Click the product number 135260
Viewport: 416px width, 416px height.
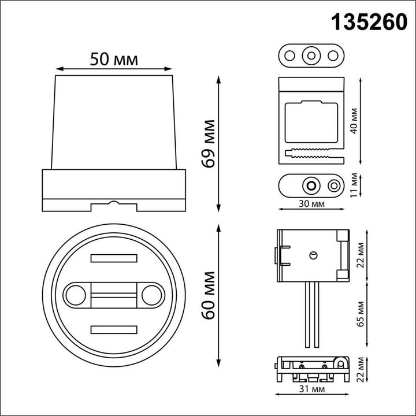point(368,21)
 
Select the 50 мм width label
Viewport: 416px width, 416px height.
point(114,59)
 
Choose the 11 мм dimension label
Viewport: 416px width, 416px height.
point(354,185)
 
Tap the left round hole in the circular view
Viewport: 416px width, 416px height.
point(74,295)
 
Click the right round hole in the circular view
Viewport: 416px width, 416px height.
point(153,295)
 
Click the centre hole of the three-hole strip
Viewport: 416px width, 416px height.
point(311,55)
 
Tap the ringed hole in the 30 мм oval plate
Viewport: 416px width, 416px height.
point(311,185)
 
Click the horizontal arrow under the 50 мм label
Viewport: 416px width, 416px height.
point(114,68)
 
